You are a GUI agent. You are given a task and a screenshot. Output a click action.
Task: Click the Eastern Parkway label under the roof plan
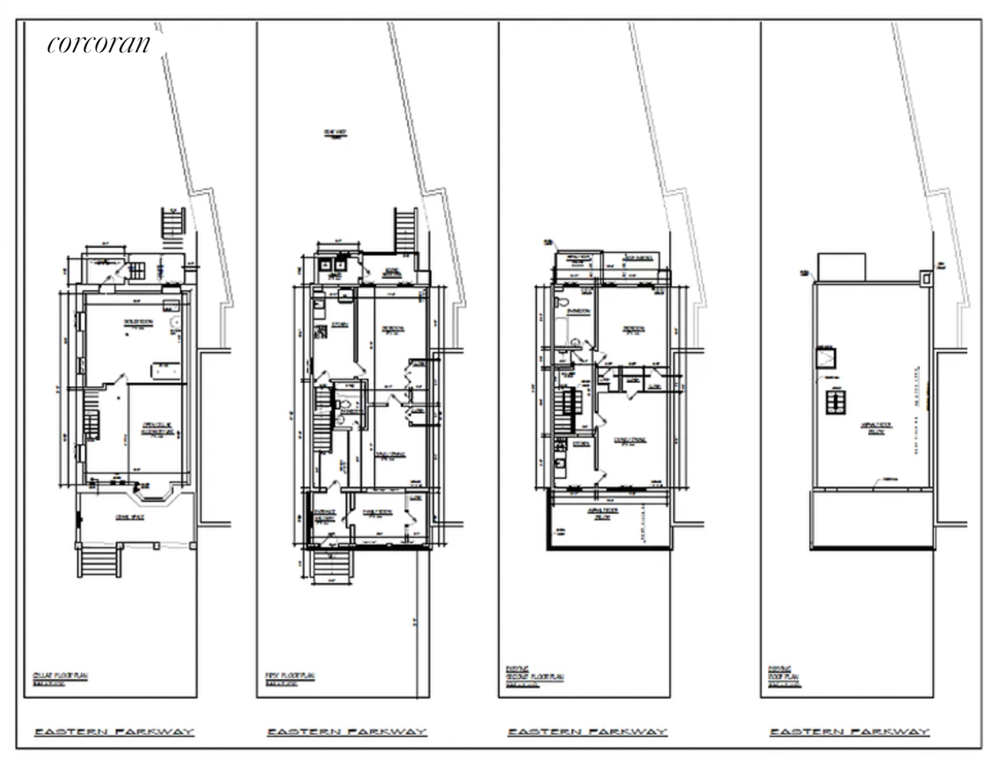point(849,732)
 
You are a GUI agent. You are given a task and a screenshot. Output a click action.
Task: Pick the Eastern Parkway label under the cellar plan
point(114,732)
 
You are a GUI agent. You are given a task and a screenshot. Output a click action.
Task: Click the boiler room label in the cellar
point(138,322)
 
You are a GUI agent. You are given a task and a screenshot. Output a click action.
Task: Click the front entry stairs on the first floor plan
point(333,566)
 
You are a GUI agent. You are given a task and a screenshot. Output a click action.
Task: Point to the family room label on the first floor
point(376,514)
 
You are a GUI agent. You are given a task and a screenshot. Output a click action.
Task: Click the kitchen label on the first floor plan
point(339,324)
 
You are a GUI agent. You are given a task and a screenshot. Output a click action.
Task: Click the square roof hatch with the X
point(827,358)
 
